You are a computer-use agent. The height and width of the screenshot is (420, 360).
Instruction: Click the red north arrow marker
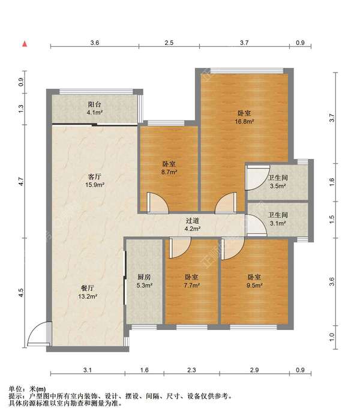tap(25, 44)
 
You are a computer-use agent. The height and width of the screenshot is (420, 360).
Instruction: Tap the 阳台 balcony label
tap(95, 104)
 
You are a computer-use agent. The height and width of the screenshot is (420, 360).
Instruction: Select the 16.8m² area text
tap(244, 121)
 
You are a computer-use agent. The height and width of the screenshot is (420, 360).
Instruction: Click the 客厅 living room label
tap(95, 176)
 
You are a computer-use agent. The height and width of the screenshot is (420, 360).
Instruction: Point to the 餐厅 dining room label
tap(88, 288)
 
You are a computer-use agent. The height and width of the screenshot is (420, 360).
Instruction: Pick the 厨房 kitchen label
tap(145, 277)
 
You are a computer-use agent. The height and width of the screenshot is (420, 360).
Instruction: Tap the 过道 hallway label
tap(193, 220)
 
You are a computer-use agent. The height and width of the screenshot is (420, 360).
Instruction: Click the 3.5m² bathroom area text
tap(278, 186)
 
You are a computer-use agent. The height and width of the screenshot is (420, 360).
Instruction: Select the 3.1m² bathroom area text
tap(278, 223)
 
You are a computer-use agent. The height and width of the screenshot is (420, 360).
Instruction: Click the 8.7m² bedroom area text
tap(169, 172)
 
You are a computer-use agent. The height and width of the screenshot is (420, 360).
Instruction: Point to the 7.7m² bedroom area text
tap(191, 285)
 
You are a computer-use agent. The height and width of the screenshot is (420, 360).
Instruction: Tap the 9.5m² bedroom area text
tap(254, 285)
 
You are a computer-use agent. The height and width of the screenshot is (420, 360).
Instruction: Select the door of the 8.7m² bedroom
tap(158, 203)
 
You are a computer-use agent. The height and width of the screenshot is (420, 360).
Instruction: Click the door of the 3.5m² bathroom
tap(257, 178)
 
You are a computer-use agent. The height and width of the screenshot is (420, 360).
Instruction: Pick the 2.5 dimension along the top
tap(169, 43)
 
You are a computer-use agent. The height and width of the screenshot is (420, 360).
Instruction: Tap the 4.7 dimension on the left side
tap(21, 182)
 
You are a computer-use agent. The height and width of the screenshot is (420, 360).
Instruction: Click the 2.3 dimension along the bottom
tap(191, 370)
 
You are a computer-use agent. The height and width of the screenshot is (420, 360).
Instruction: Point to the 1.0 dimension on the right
tap(332, 337)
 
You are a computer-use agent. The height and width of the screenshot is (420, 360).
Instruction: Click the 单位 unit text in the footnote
tap(15, 389)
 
